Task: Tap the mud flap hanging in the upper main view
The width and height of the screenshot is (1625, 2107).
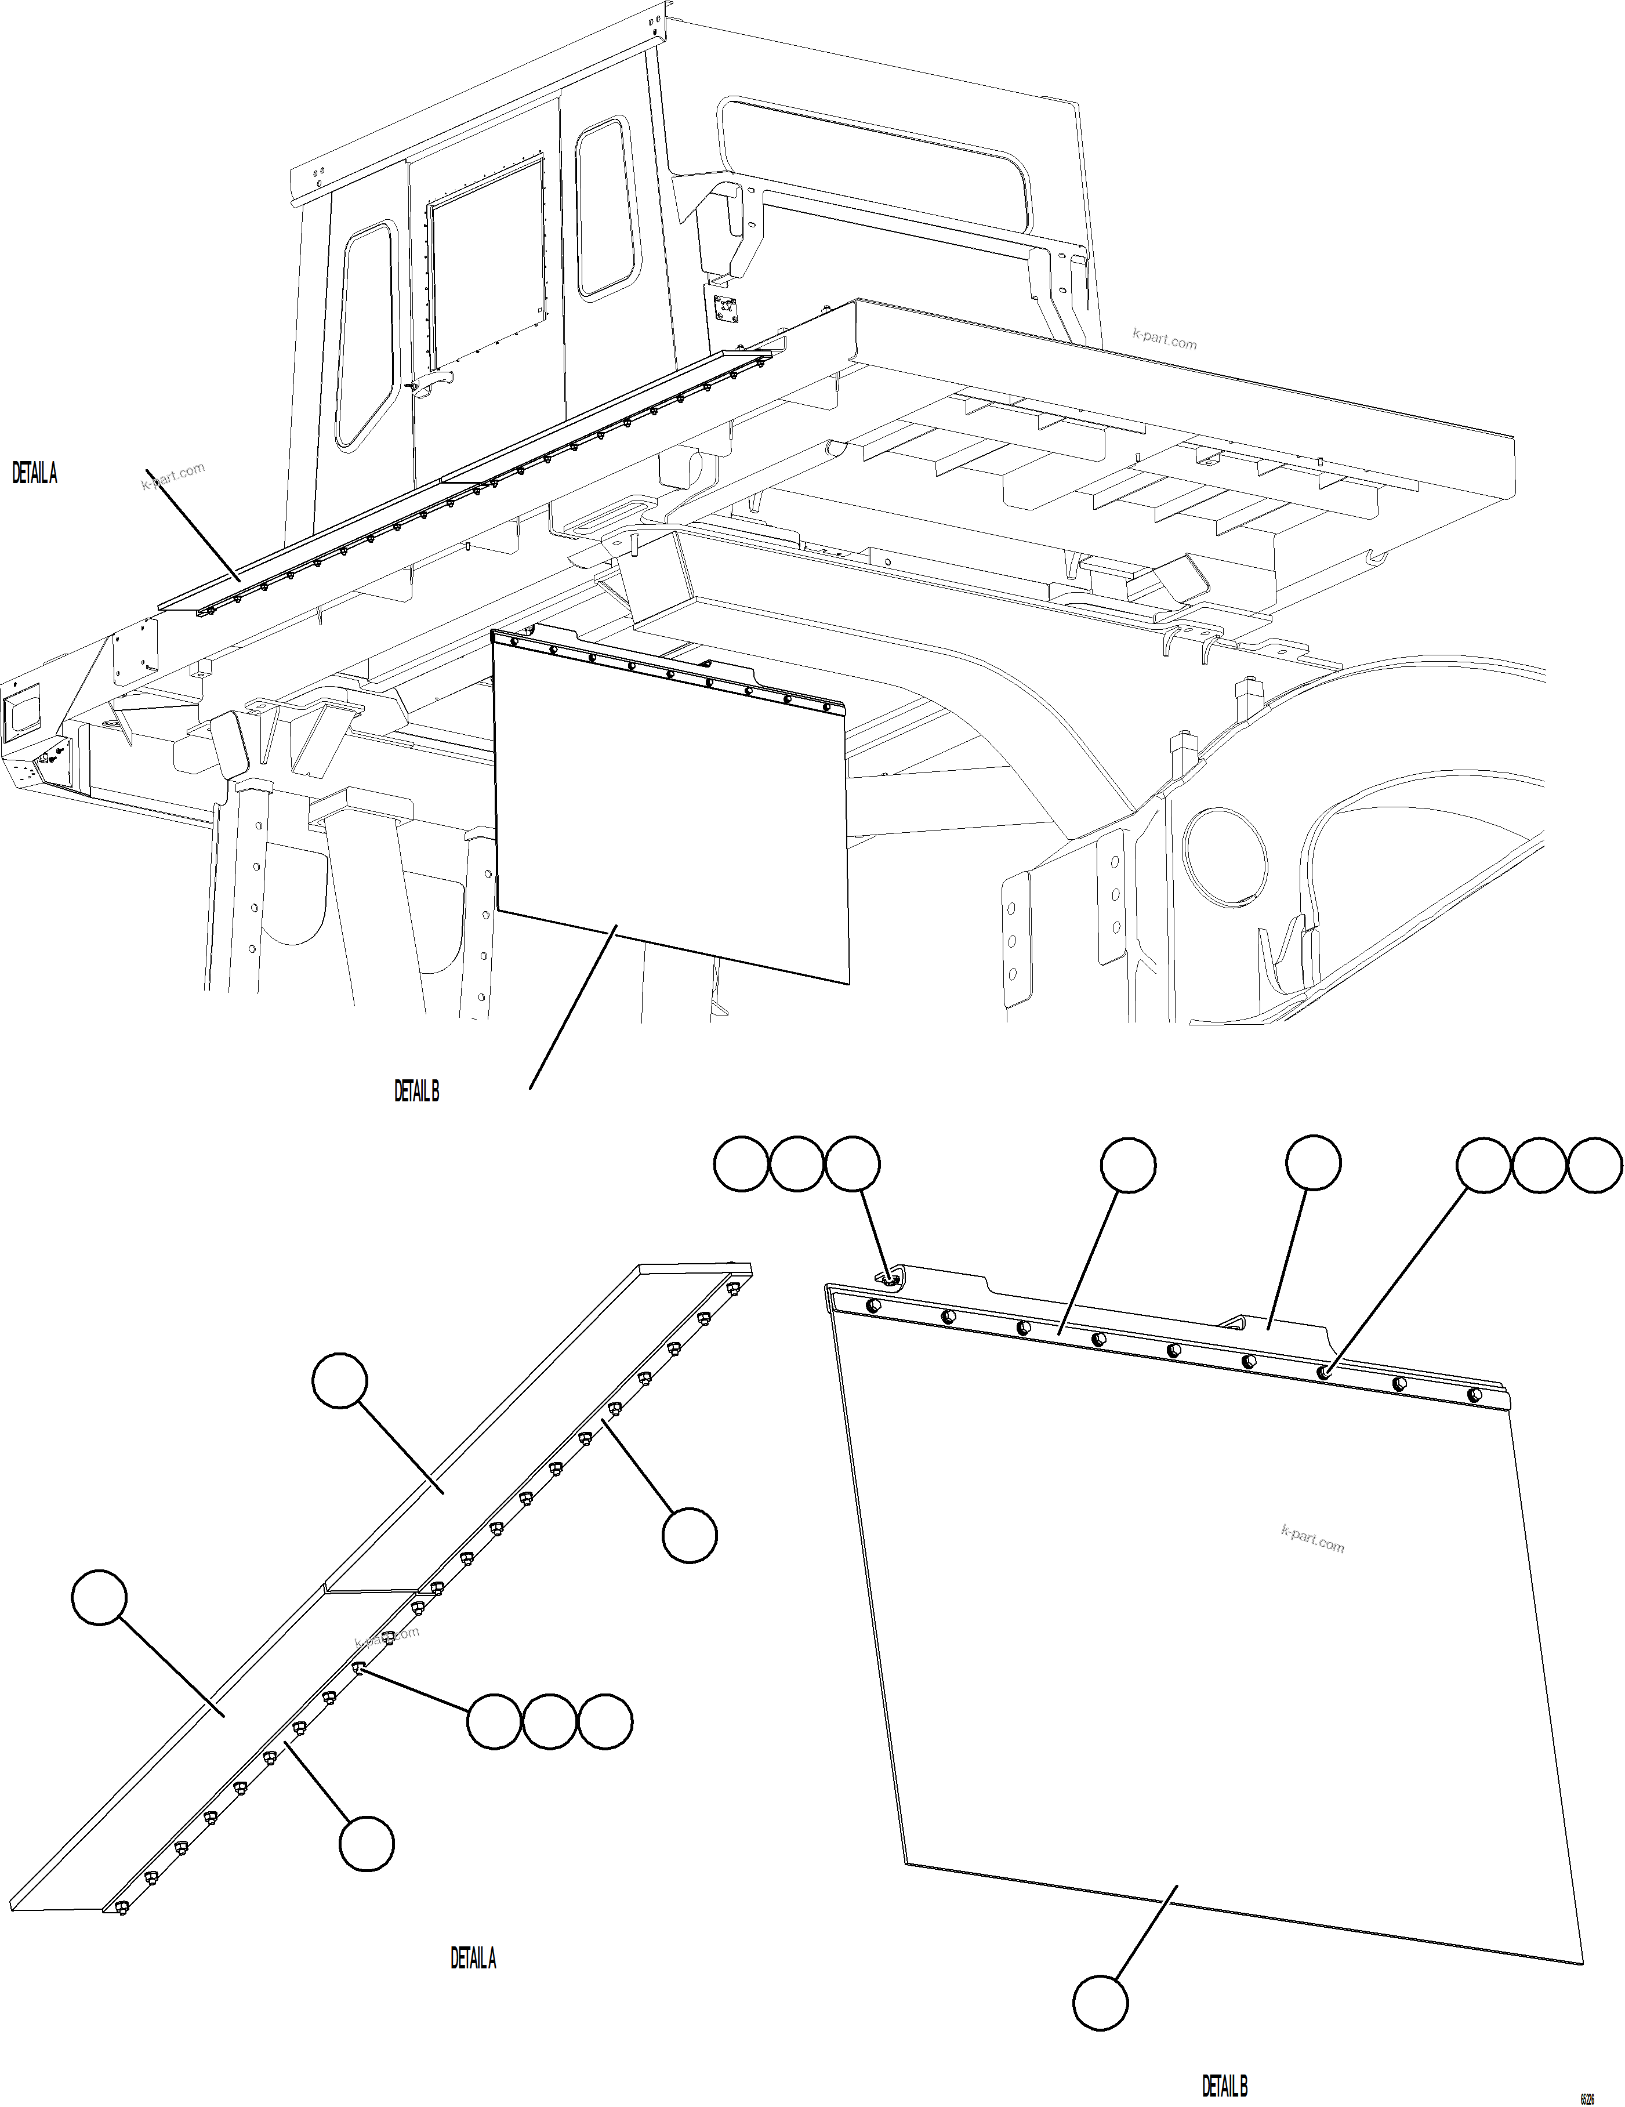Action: (x=670, y=810)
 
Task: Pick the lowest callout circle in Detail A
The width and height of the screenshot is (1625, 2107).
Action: (x=367, y=1845)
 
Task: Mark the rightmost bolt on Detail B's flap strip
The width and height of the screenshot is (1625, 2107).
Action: (x=1474, y=1395)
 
